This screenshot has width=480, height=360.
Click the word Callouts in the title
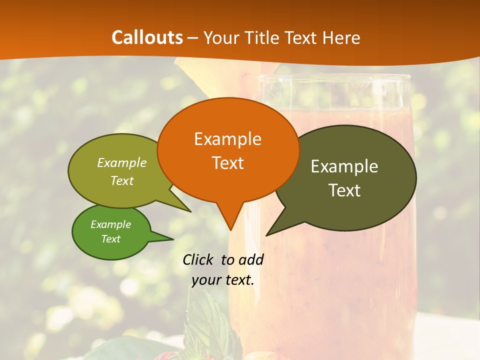[147, 37]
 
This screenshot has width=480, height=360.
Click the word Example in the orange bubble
[227, 139]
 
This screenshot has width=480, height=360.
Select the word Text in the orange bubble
[227, 163]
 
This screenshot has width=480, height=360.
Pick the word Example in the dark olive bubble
[344, 166]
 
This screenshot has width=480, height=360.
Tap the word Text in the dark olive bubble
[344, 190]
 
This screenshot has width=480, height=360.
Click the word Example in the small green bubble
[110, 224]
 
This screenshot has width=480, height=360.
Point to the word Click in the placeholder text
[199, 259]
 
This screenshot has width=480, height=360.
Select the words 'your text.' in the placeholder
[223, 280]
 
